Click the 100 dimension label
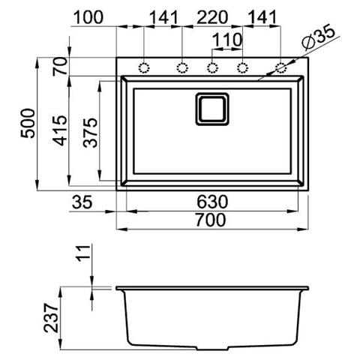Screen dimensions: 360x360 [88, 17]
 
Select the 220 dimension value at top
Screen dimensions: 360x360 [212, 17]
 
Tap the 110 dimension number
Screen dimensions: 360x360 [227, 40]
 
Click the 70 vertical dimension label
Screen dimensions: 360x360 [60, 66]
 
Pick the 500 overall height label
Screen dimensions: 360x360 [28, 123]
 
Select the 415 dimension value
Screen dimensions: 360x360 [61, 130]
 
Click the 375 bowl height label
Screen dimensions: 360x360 [90, 133]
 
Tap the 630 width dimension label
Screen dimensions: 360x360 [212, 202]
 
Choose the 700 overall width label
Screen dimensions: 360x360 [211, 220]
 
